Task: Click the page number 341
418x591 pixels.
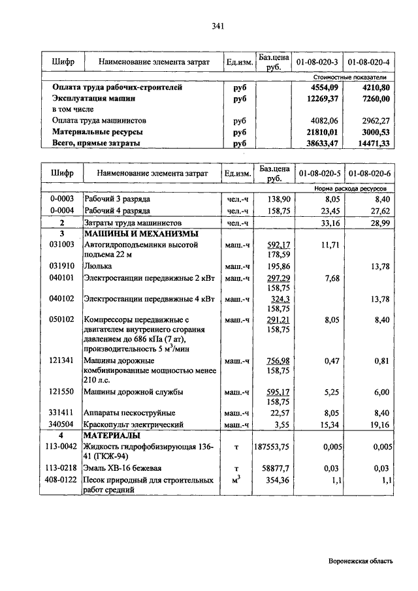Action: [x=218, y=27]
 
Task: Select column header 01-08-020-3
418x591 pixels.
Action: [x=317, y=63]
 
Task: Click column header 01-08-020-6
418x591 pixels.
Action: [x=369, y=173]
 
